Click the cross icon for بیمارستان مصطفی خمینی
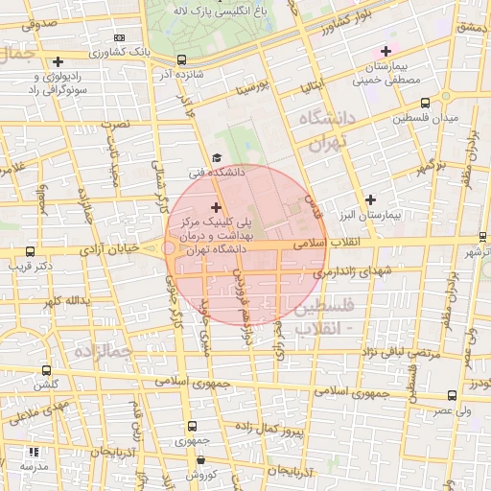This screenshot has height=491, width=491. click(x=386, y=51)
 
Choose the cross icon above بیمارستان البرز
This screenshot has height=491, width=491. click(x=370, y=199)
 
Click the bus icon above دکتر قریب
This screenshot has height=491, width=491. click(x=27, y=249)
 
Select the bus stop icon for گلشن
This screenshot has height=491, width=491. click(x=46, y=369)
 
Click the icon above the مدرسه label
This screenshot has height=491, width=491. click(x=34, y=452)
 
